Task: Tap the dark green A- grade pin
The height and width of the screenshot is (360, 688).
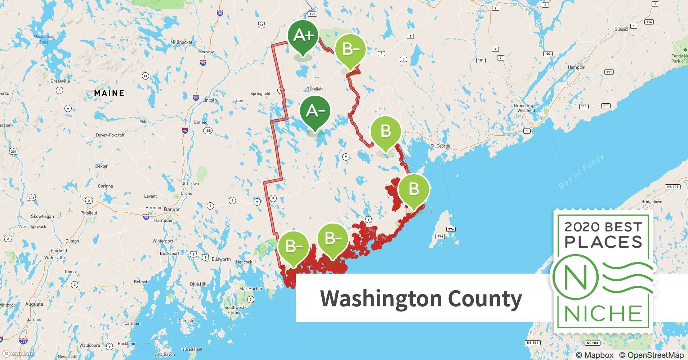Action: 315,111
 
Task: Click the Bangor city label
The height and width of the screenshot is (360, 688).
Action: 172,210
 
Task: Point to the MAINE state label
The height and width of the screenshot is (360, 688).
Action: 109,93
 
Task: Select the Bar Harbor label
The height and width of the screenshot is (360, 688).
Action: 251,289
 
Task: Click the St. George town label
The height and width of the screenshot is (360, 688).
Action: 440,146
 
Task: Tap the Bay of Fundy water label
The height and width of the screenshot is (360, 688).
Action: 581,172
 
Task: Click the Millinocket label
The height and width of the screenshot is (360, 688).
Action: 181,42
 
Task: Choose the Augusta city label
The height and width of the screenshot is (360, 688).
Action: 34,304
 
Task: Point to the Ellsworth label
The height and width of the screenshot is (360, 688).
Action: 221,259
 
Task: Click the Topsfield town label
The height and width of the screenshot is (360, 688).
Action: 315,89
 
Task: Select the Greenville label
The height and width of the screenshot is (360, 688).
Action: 60,81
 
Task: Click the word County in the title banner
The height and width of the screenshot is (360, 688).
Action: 485,298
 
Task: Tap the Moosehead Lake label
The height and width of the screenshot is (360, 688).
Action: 44,39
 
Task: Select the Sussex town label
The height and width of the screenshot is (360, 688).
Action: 621,29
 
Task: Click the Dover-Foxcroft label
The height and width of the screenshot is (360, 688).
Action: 110,135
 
